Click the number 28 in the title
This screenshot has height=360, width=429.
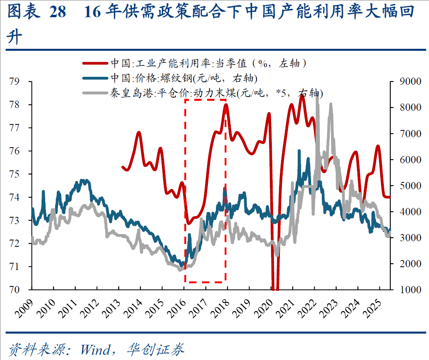pos(57,13)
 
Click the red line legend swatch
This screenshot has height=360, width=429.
pos(95,63)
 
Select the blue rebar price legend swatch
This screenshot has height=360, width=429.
pos(95,78)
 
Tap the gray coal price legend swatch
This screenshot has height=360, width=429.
pos(95,93)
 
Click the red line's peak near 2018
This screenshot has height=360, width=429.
pos(226,105)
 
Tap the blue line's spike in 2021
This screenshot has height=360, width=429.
pos(299,151)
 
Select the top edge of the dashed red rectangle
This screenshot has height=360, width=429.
pos(206,99)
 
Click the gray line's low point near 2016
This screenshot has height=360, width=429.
pos(180,270)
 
